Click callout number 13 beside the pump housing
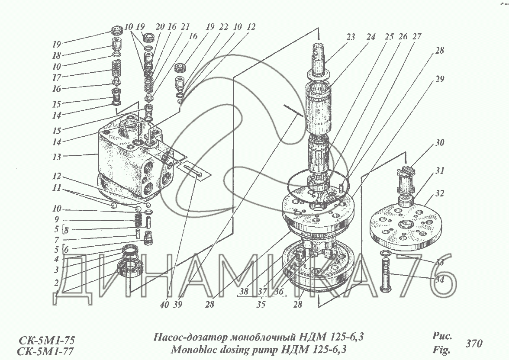56,157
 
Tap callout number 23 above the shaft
351,37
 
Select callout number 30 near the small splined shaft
440,142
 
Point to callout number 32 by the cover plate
440,193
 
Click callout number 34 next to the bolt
439,279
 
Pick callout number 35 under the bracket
261,304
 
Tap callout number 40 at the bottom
164,305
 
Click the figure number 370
474,343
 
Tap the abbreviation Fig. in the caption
441,350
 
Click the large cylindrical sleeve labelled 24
318,107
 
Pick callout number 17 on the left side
56,77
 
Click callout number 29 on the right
440,79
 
